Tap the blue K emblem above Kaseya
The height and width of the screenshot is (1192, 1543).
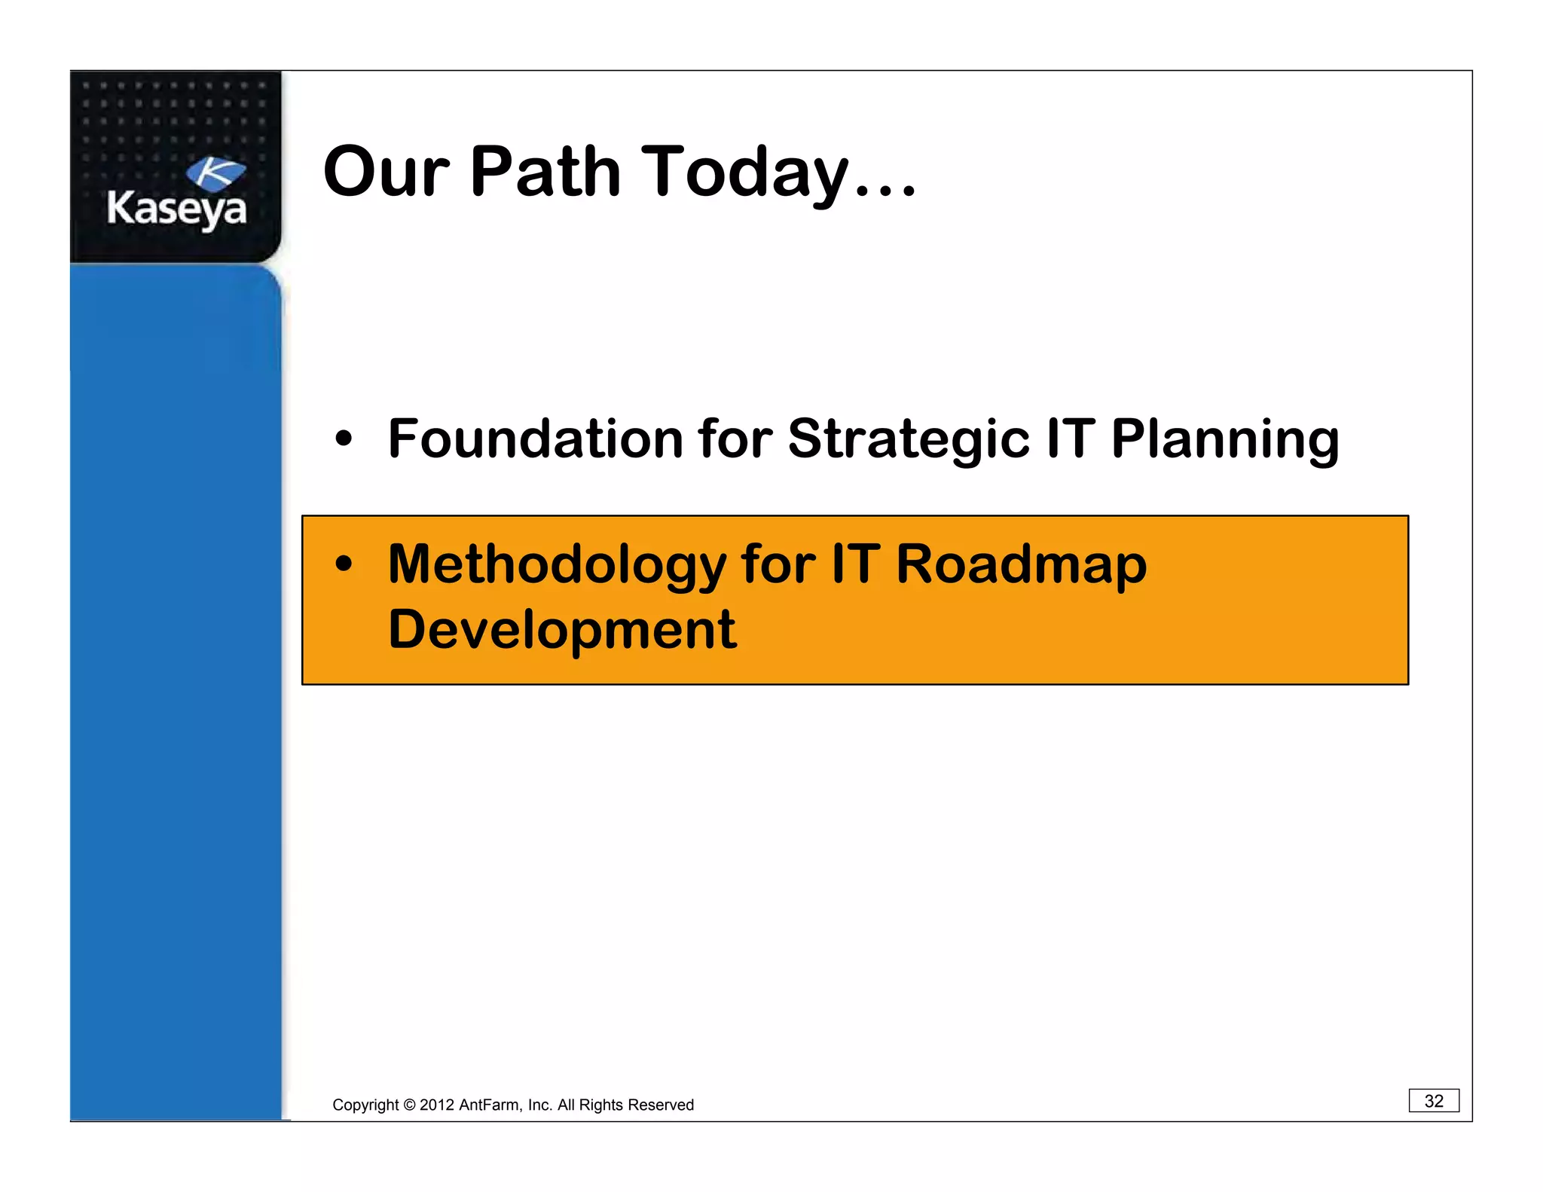click(x=215, y=173)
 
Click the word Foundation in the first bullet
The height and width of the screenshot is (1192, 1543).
click(x=535, y=439)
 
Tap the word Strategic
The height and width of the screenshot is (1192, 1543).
click(x=908, y=439)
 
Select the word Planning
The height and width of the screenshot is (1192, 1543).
click(x=1225, y=439)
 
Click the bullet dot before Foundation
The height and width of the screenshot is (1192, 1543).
click(x=344, y=439)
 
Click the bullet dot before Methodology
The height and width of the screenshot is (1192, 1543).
click(x=344, y=564)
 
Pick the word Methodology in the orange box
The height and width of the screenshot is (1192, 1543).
click(x=557, y=564)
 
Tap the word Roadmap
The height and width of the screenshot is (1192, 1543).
click(x=1021, y=564)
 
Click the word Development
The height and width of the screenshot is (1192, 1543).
click(x=561, y=629)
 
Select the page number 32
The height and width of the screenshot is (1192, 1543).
click(x=1433, y=1101)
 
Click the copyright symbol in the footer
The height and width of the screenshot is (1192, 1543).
click(x=409, y=1105)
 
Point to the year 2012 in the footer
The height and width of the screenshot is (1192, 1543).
click(x=436, y=1105)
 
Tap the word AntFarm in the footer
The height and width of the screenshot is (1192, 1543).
click(x=489, y=1105)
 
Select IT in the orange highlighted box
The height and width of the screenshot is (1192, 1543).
click(x=855, y=564)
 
